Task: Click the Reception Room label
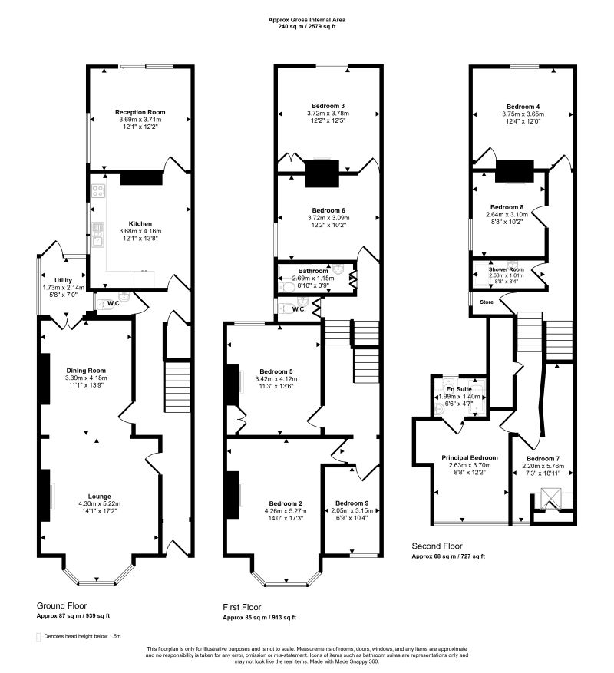pos(140,112)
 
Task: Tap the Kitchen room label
pos(140,223)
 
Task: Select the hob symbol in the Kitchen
pos(98,191)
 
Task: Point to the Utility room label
pos(63,280)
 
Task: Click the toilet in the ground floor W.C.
pos(101,305)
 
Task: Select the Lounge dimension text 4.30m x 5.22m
pos(99,503)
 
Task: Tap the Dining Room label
pos(86,371)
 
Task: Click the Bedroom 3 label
pos(328,106)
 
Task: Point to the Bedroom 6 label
pos(328,210)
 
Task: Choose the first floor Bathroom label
pos(313,271)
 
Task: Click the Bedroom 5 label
pos(276,371)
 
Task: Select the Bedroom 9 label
pos(352,503)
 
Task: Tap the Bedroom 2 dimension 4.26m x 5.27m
pos(285,511)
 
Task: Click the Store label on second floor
pos(487,302)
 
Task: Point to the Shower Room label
pos(507,269)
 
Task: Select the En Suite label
pos(459,389)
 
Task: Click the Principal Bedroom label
pos(470,458)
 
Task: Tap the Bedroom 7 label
pos(543,458)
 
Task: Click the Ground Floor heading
pos(62,605)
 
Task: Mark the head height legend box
pos(38,637)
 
